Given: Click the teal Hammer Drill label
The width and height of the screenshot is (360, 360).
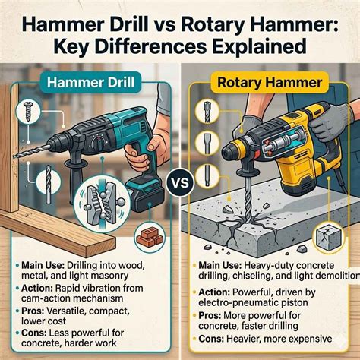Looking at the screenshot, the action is [90, 83].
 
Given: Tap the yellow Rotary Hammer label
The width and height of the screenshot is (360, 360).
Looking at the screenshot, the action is [270, 83].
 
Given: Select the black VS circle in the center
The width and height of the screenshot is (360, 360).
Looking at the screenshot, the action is [181, 182].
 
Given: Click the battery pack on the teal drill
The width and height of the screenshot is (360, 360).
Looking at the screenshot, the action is [147, 195].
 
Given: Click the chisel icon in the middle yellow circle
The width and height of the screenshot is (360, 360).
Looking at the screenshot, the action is [207, 144].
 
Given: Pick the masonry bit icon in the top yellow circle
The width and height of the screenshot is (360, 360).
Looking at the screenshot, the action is [207, 112].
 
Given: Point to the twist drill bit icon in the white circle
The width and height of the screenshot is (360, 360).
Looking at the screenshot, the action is [49, 182].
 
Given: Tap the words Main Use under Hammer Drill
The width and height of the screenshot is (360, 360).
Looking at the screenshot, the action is [43, 266].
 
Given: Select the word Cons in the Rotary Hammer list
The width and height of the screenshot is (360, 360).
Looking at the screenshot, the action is [210, 338].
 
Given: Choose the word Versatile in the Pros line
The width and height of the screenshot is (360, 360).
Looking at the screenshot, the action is [67, 311].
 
